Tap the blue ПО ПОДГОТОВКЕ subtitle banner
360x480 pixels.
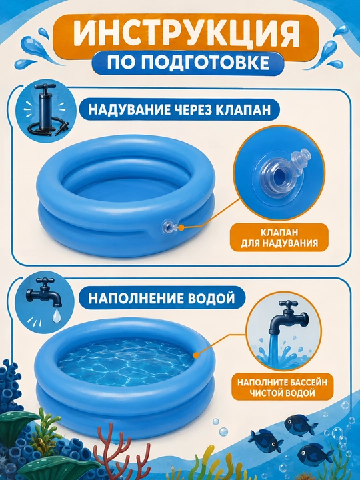coord(187,63)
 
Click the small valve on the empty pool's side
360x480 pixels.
coord(168,227)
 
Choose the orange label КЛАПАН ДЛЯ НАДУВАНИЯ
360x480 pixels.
coord(279,237)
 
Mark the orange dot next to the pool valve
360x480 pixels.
coord(181,228)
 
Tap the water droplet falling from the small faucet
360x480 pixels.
coord(56,316)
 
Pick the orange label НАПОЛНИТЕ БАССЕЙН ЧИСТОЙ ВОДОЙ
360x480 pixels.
coord(282,387)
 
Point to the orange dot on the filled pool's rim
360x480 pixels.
coord(196,355)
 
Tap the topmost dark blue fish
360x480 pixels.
coord(296,423)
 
